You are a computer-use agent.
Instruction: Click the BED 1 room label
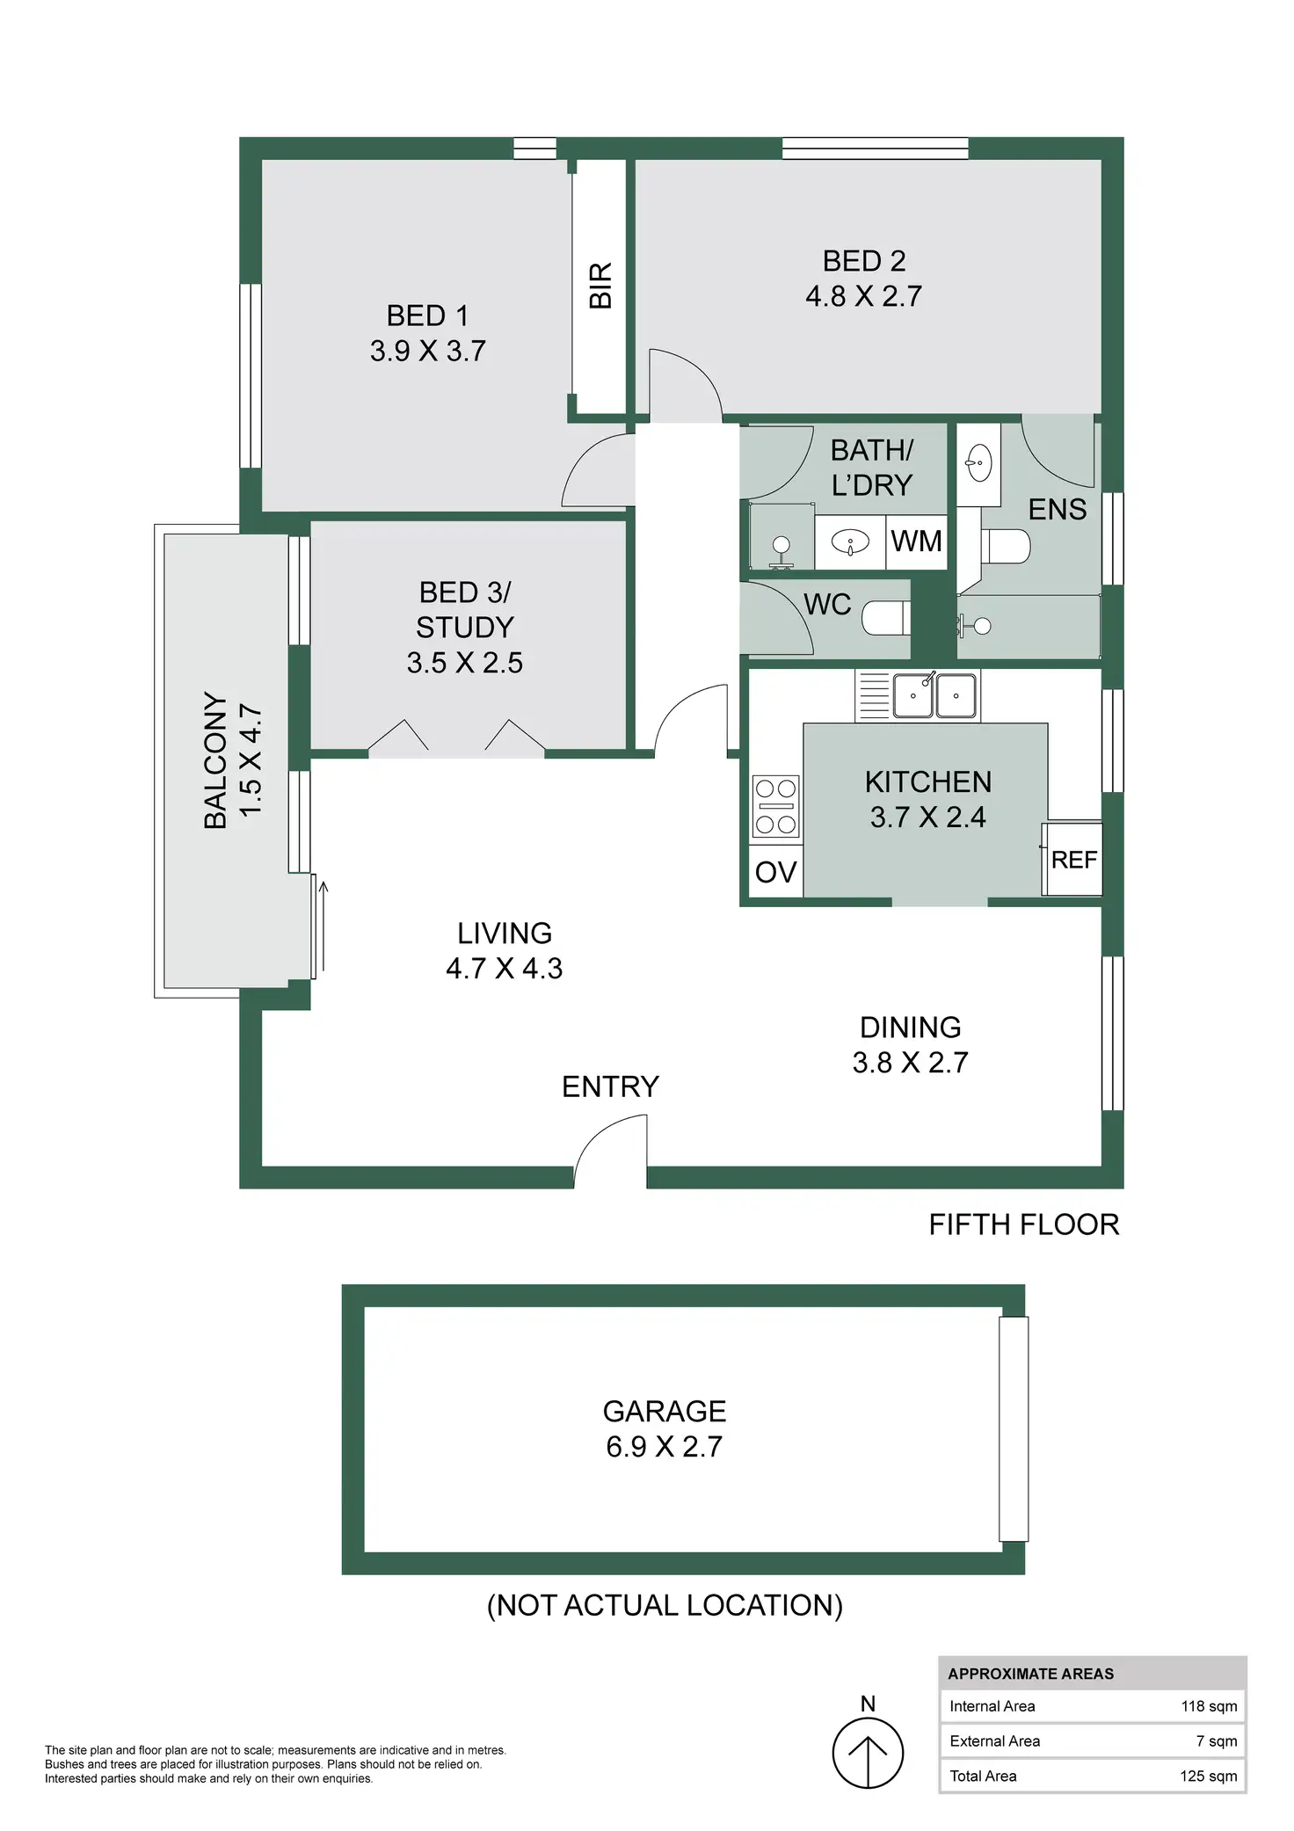point(427,316)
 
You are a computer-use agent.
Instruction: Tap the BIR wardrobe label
point(600,285)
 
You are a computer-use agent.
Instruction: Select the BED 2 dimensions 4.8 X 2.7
point(863,296)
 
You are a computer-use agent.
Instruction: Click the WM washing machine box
point(916,541)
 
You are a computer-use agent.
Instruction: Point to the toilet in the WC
point(881,618)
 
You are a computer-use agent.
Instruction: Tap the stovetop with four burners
point(776,805)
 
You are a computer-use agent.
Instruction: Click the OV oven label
point(775,872)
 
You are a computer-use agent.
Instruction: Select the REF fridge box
point(1073,859)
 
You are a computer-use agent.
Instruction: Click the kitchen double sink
point(934,695)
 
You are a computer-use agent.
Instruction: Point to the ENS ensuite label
point(1057,510)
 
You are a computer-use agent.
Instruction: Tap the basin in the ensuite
point(978,462)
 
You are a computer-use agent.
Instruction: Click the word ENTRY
point(610,1086)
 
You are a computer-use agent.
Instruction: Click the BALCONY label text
point(215,760)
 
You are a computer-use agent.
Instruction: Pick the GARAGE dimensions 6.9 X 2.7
point(664,1447)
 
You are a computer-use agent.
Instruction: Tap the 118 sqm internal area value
point(1208,1706)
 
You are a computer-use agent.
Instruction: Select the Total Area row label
point(983,1776)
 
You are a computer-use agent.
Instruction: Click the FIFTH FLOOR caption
point(1023,1224)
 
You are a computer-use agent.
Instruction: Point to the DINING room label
point(910,1028)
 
